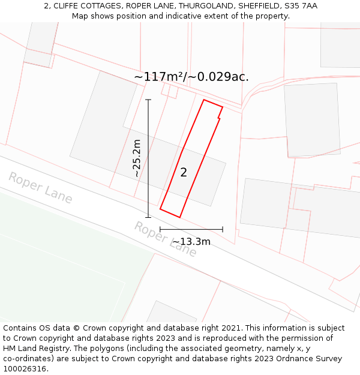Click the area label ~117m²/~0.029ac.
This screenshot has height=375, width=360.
(x=191, y=77)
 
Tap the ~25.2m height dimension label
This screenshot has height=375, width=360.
(x=137, y=158)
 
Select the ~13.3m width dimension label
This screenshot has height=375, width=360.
(x=191, y=241)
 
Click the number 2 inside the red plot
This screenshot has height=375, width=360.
(x=184, y=173)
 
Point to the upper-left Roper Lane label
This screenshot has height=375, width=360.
(x=40, y=188)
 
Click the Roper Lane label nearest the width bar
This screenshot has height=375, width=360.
(x=165, y=239)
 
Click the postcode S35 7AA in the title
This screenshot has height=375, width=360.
(x=301, y=6)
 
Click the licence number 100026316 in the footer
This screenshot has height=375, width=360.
(x=25, y=369)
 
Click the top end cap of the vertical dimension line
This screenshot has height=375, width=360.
(x=148, y=100)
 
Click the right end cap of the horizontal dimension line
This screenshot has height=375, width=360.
(x=223, y=229)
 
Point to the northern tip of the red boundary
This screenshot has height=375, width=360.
(x=204, y=100)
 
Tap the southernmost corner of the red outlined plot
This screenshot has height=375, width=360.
(x=179, y=217)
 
